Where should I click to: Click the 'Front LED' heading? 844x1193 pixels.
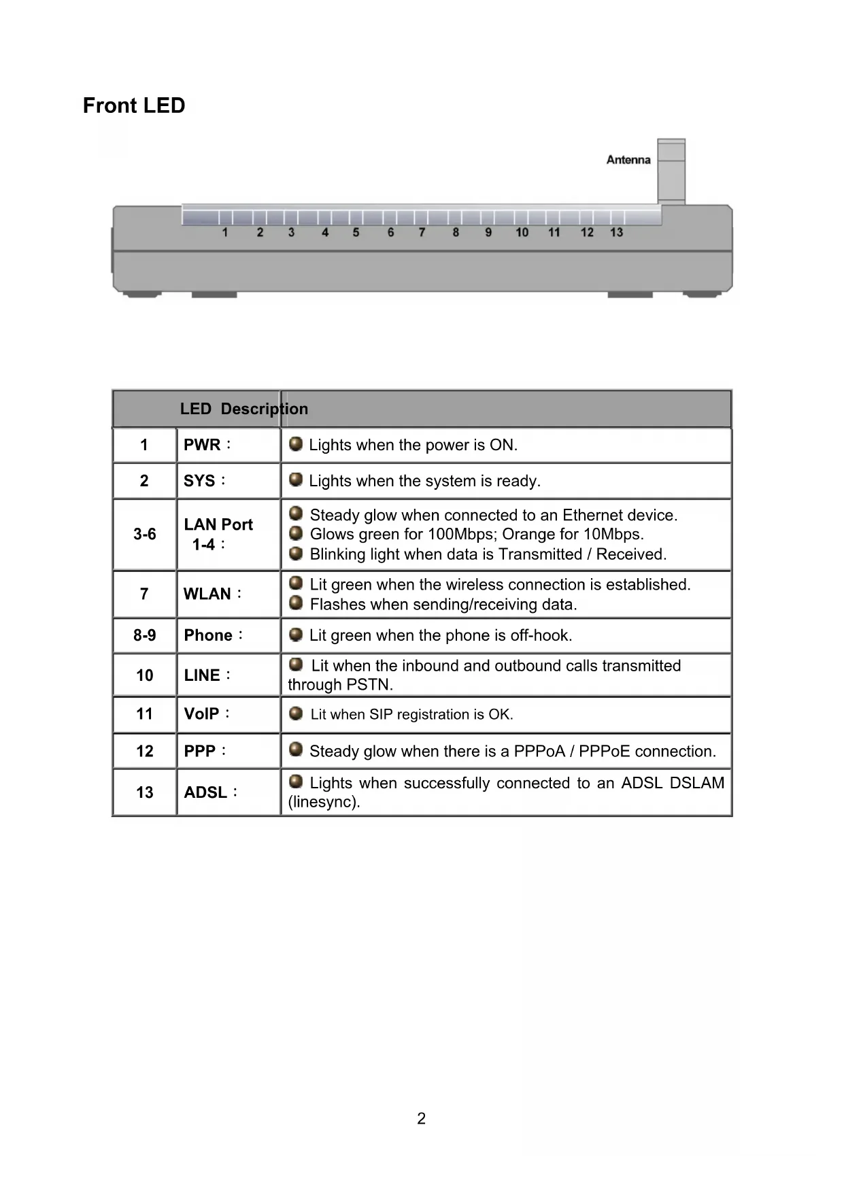tap(134, 106)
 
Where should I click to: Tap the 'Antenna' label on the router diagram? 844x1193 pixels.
tap(628, 160)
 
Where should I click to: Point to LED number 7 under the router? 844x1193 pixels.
tap(422, 233)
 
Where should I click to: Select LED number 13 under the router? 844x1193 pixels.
tap(616, 233)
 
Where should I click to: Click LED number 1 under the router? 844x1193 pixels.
tap(225, 233)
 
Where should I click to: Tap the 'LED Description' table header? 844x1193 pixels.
tap(243, 409)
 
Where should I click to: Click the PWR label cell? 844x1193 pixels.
tap(203, 445)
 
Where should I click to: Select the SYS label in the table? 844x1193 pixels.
tap(199, 481)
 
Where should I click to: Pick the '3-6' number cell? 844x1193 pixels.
tap(145, 535)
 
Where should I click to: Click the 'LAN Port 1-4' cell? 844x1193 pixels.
tap(218, 535)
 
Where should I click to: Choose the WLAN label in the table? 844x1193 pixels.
tap(207, 594)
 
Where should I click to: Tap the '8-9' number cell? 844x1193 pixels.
tap(145, 635)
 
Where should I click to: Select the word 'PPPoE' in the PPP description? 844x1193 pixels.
tap(604, 752)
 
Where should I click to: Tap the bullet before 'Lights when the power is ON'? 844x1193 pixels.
tap(296, 444)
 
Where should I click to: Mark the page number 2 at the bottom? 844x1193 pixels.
tap(422, 1119)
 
